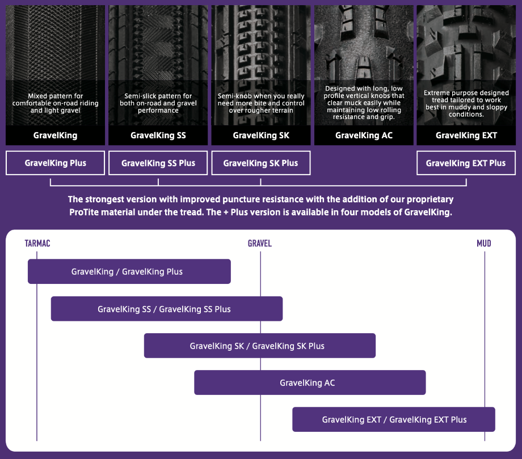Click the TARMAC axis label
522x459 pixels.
37,243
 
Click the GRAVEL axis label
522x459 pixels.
260,243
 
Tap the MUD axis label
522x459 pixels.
484,243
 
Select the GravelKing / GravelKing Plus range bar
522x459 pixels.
129,271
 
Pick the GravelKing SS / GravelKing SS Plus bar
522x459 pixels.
167,309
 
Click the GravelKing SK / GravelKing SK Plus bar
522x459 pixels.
260,346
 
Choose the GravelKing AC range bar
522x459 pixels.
310,382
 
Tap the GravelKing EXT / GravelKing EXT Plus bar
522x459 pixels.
394,419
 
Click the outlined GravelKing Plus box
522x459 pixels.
55,163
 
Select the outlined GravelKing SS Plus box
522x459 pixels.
158,163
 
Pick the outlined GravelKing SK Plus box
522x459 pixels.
261,163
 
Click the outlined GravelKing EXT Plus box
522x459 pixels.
466,163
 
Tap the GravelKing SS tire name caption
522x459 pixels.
158,135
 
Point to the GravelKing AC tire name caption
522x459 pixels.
364,135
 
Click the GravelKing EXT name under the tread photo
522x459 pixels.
466,135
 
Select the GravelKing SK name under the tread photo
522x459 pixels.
261,135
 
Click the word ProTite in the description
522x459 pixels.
83,212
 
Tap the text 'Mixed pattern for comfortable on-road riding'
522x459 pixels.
55,99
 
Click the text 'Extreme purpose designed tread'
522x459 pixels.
466,96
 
